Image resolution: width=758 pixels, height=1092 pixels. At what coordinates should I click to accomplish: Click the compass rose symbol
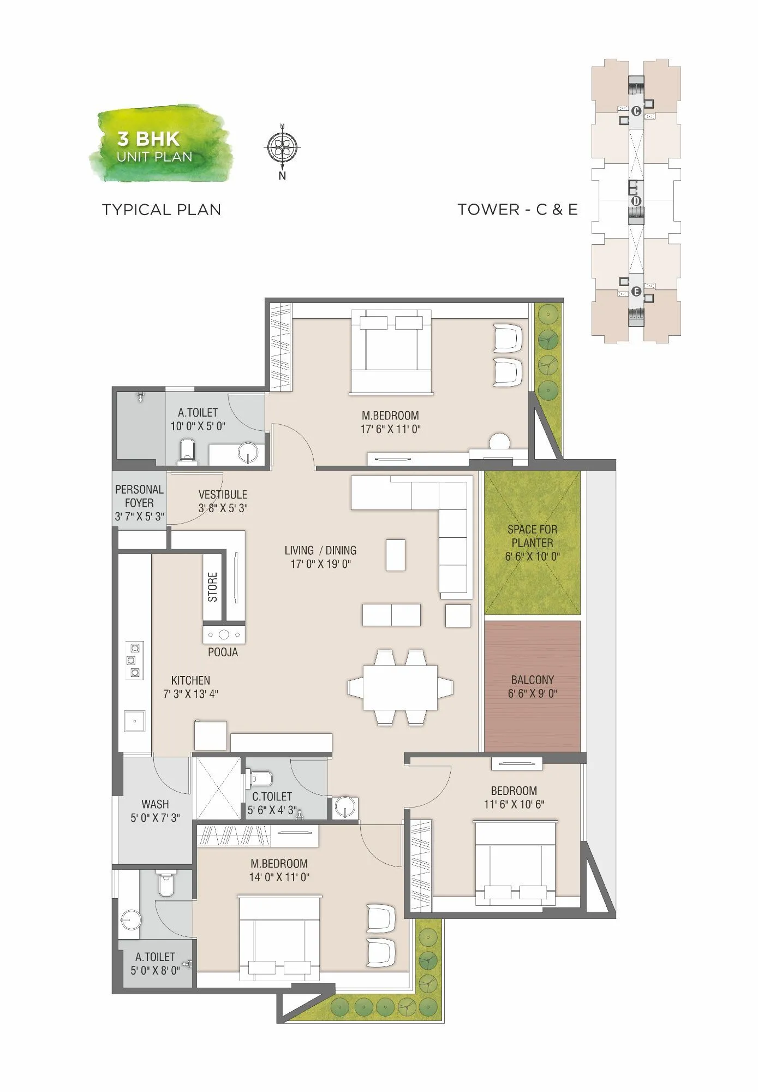point(282,146)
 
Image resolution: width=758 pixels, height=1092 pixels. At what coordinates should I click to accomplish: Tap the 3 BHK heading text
point(148,139)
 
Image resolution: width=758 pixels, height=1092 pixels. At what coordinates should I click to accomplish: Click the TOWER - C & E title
point(517,210)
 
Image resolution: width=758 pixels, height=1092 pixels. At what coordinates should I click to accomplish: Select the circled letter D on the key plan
point(636,201)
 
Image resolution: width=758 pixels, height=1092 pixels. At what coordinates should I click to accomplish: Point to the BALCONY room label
point(532,680)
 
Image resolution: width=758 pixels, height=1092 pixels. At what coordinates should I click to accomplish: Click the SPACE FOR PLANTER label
point(532,536)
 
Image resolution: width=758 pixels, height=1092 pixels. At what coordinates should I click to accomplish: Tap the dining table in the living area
point(400,687)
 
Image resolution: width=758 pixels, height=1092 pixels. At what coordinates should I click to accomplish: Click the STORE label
point(213,587)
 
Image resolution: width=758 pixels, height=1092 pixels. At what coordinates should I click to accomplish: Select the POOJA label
point(223,652)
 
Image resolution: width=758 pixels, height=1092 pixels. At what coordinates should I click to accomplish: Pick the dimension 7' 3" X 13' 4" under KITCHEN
point(190,694)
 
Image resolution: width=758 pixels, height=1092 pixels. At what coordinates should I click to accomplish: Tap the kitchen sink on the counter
point(134,721)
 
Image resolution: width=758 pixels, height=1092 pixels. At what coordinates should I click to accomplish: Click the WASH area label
point(155,804)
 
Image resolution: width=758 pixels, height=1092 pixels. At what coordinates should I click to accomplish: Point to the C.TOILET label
point(272,797)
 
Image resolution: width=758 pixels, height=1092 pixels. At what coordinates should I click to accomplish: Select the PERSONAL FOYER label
point(139,496)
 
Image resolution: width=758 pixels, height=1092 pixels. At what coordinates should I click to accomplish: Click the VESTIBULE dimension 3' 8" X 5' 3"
point(223,508)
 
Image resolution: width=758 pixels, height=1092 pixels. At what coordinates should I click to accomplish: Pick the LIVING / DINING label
point(320,550)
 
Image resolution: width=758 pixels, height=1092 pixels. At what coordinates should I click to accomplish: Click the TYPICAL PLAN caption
point(162,210)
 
